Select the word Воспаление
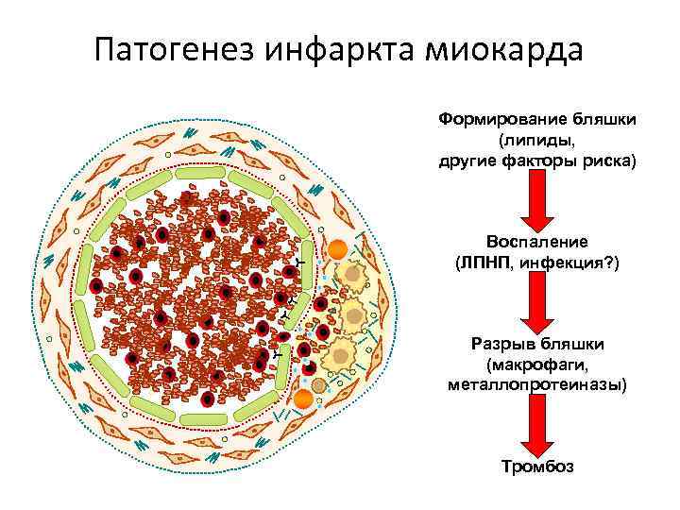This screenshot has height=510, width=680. point(535,242)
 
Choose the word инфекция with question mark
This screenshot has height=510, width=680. point(566,262)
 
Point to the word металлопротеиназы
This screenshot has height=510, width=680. point(535,383)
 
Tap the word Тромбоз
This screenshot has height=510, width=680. point(535,467)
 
